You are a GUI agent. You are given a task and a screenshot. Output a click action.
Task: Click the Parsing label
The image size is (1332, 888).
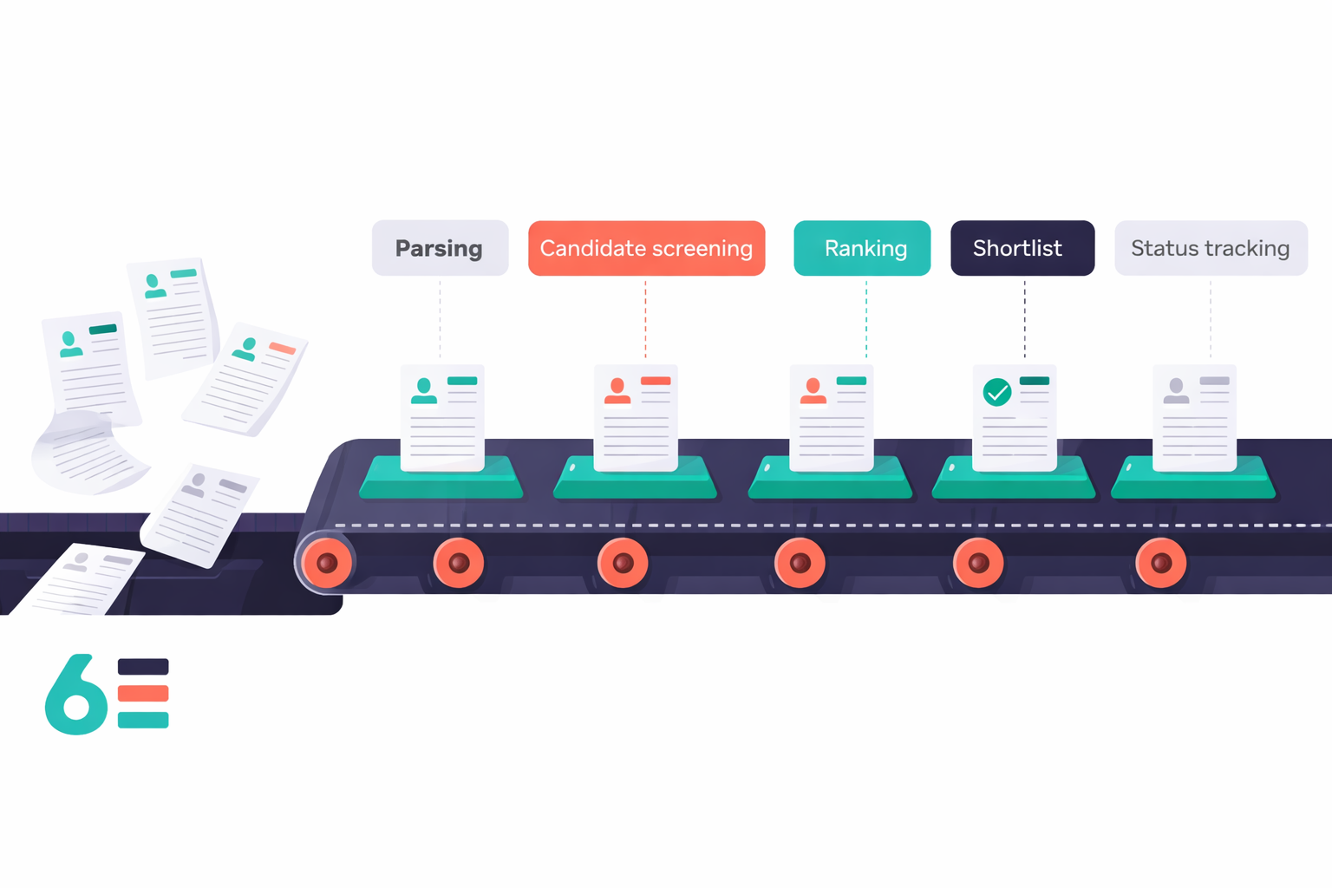(x=440, y=248)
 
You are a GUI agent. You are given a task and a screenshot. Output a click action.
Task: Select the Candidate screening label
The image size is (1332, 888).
(x=646, y=248)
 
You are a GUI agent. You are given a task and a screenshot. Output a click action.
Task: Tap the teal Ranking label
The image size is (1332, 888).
(x=862, y=248)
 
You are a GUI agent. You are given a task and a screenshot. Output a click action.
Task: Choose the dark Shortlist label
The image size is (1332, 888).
(x=1022, y=248)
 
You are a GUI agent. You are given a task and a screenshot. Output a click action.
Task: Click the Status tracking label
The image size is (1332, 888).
(x=1211, y=248)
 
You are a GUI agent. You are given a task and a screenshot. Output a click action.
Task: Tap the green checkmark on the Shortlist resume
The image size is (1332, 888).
(x=997, y=392)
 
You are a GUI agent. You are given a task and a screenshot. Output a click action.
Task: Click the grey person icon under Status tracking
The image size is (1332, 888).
(x=1176, y=391)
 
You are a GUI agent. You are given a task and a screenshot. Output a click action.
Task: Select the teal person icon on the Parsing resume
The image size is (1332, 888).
(x=424, y=391)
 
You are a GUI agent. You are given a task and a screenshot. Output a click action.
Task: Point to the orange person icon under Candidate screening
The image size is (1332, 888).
(x=617, y=391)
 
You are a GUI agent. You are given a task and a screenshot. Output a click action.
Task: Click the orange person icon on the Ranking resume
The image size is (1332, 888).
(x=813, y=391)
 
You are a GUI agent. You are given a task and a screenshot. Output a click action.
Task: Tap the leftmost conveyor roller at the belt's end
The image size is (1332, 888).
(x=327, y=563)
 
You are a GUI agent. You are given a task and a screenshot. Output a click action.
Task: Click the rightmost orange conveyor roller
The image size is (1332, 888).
(x=1160, y=563)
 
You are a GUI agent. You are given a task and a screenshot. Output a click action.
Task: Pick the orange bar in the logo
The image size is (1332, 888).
(x=143, y=693)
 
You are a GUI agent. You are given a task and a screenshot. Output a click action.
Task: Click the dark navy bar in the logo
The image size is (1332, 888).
(x=143, y=667)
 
